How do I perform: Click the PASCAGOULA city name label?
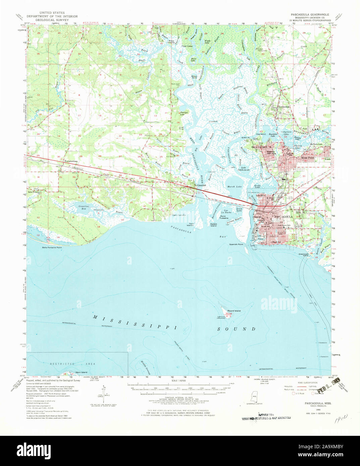[x=284, y=217]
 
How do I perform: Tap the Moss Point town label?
[x=308, y=157]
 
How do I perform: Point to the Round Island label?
[x=234, y=311]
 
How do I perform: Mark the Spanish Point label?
[x=236, y=244]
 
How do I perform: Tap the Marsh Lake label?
[x=235, y=186]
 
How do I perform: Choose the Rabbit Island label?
[x=213, y=225]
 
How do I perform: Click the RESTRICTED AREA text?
[x=72, y=364]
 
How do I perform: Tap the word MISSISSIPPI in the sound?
[x=135, y=322]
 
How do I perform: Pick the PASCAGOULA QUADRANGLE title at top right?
[x=310, y=15]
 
